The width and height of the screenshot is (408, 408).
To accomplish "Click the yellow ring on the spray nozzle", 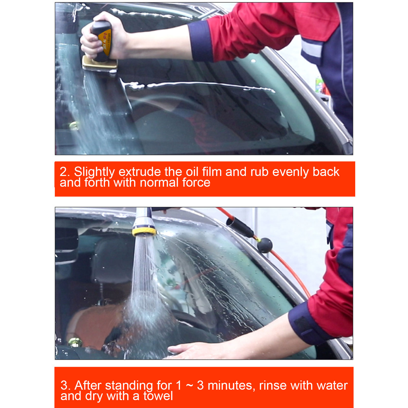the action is click(144, 231).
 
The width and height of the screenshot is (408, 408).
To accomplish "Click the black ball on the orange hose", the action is click(265, 245).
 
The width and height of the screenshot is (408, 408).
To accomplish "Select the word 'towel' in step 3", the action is click(158, 396).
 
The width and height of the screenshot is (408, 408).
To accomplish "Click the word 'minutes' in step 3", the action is click(230, 385).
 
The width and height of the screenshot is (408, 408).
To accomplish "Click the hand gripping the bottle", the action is click(105, 36).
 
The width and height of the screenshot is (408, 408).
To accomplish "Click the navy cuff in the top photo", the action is click(200, 41).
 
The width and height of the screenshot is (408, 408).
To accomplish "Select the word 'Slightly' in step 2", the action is click(95, 172).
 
